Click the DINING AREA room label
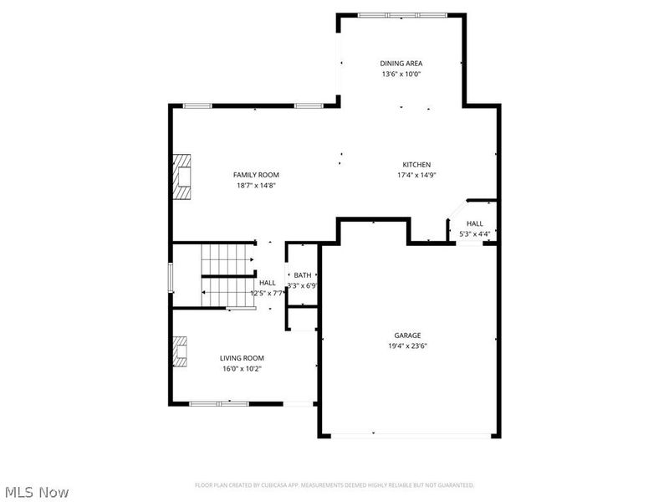click(x=401, y=63)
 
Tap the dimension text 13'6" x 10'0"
click(x=401, y=74)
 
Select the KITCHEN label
click(x=416, y=165)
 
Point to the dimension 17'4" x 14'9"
click(x=416, y=176)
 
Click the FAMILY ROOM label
click(x=255, y=174)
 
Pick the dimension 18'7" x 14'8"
click(x=255, y=185)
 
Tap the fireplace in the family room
click(x=181, y=177)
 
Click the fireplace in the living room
click(x=180, y=351)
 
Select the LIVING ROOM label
click(x=242, y=357)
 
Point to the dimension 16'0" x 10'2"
click(x=242, y=368)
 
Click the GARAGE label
click(x=408, y=336)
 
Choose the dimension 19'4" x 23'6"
click(x=408, y=346)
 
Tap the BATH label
click(x=302, y=275)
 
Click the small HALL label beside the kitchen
click(x=474, y=223)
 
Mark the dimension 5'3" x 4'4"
click(x=474, y=234)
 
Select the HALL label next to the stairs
click(x=267, y=283)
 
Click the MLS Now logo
click(x=36, y=492)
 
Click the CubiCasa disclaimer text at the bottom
click(x=334, y=484)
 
